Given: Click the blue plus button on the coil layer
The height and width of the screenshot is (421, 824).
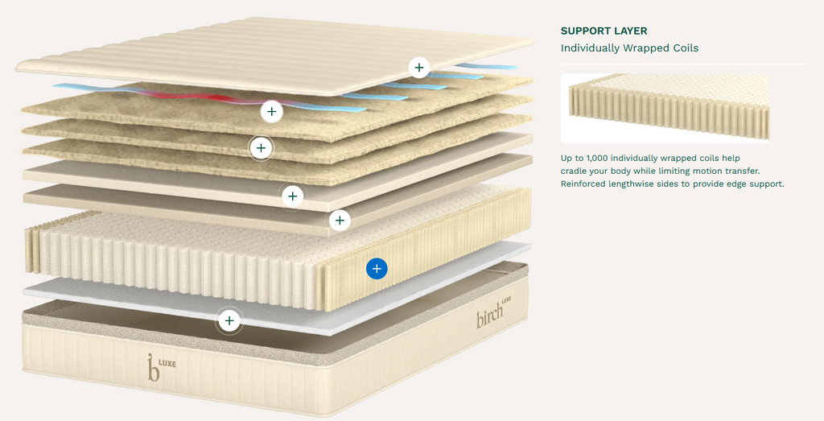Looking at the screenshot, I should (x=377, y=269).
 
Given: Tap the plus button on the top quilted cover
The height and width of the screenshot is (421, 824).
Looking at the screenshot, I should (x=418, y=68).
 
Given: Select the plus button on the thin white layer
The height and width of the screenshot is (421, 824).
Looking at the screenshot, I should (x=229, y=321).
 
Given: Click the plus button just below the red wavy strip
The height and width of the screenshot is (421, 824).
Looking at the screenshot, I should (x=272, y=111).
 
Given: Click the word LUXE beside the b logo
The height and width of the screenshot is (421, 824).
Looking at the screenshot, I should (x=167, y=362).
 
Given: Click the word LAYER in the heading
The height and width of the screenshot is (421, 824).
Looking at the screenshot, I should (x=630, y=31).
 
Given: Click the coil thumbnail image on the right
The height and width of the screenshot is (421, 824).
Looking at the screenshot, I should (x=665, y=108).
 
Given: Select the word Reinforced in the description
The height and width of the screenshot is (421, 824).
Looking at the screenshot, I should (x=586, y=184).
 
